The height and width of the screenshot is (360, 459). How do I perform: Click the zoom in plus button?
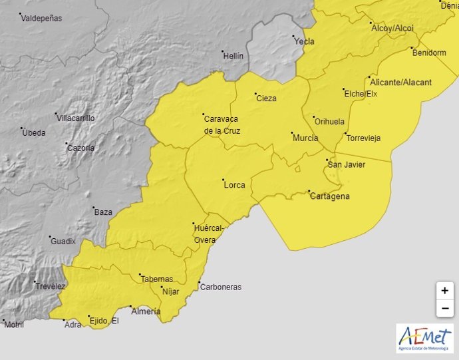coord(444,291)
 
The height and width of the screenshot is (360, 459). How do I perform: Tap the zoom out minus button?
coord(444,309)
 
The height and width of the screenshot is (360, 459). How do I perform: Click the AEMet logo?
coord(424,338)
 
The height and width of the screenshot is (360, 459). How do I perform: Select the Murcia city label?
coord(305,138)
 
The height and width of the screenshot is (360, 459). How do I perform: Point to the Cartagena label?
coord(329,196)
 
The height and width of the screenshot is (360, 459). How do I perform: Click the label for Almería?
coord(146,311)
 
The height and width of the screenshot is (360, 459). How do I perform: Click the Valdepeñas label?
coord(41,19)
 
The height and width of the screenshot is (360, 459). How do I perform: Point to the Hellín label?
coord(233,57)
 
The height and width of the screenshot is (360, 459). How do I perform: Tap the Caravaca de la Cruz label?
coord(222,124)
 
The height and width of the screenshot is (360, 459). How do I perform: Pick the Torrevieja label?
coord(363,138)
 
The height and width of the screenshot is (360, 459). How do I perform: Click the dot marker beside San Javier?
coord(327,160)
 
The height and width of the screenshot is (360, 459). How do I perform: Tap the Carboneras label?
coord(222,287)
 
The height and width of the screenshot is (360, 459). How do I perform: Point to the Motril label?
coord(14,325)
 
